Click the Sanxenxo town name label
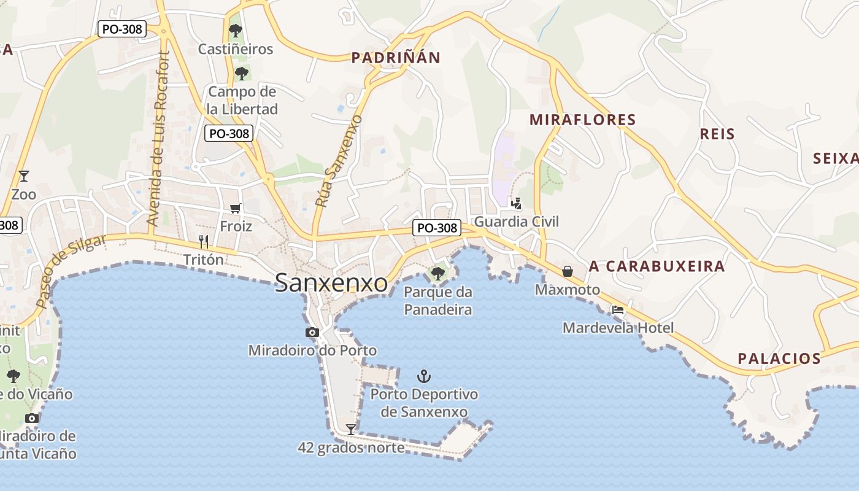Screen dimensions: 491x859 (x=331, y=283)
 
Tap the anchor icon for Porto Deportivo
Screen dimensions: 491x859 (x=423, y=376)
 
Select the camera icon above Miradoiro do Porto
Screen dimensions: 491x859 (x=312, y=332)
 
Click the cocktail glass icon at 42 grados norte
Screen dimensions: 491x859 (x=351, y=429)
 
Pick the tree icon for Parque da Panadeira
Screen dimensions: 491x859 (x=438, y=273)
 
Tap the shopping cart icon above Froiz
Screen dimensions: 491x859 (x=236, y=209)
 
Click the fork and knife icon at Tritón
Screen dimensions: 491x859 (x=204, y=242)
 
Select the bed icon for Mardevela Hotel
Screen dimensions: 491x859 (x=618, y=310)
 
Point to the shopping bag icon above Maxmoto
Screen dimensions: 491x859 (x=568, y=271)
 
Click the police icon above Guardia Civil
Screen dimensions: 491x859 (x=517, y=203)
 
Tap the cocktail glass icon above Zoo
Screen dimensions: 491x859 (x=24, y=176)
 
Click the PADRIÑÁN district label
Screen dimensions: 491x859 (x=396, y=58)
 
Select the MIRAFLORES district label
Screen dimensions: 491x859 (x=582, y=120)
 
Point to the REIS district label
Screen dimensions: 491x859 (x=717, y=134)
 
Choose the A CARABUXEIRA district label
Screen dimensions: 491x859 (x=657, y=266)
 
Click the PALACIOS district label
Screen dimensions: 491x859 (x=779, y=359)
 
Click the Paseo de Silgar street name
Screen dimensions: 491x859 (x=70, y=271)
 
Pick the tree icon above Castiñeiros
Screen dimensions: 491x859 (x=236, y=30)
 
